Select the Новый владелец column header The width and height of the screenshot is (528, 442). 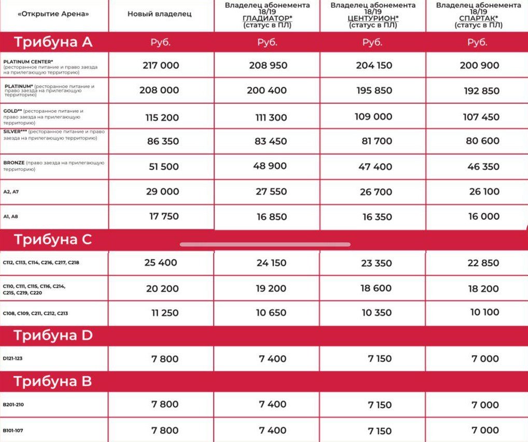point(159,14)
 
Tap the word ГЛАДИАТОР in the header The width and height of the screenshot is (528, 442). point(266,18)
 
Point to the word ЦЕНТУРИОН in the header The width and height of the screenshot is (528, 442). point(372,18)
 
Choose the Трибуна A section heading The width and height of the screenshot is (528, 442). point(53,42)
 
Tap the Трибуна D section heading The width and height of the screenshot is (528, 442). point(53,336)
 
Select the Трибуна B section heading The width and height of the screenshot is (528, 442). point(53,382)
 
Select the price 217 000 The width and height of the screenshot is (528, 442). point(161,65)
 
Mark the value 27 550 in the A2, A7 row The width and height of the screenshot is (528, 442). point(271,191)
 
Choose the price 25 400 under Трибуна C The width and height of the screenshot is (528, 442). point(161,263)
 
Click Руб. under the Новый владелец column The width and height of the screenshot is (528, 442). point(161,43)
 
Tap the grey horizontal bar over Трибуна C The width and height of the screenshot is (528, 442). point(265,244)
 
